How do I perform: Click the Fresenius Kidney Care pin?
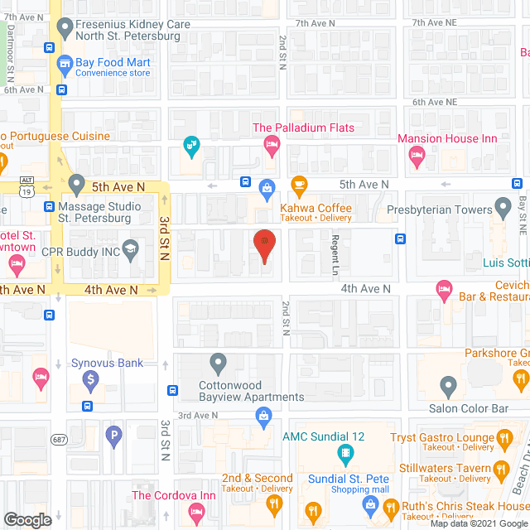(64, 31)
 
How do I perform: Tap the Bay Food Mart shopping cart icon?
(64, 65)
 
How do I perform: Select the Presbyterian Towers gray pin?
(502, 205)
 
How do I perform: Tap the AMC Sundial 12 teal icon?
(344, 454)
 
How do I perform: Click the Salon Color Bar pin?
(448, 385)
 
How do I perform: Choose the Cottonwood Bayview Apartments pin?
(218, 363)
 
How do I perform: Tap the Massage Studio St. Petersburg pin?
(77, 182)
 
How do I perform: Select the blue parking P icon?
(114, 432)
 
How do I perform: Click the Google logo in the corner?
(26, 519)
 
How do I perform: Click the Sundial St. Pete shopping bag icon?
(370, 504)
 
